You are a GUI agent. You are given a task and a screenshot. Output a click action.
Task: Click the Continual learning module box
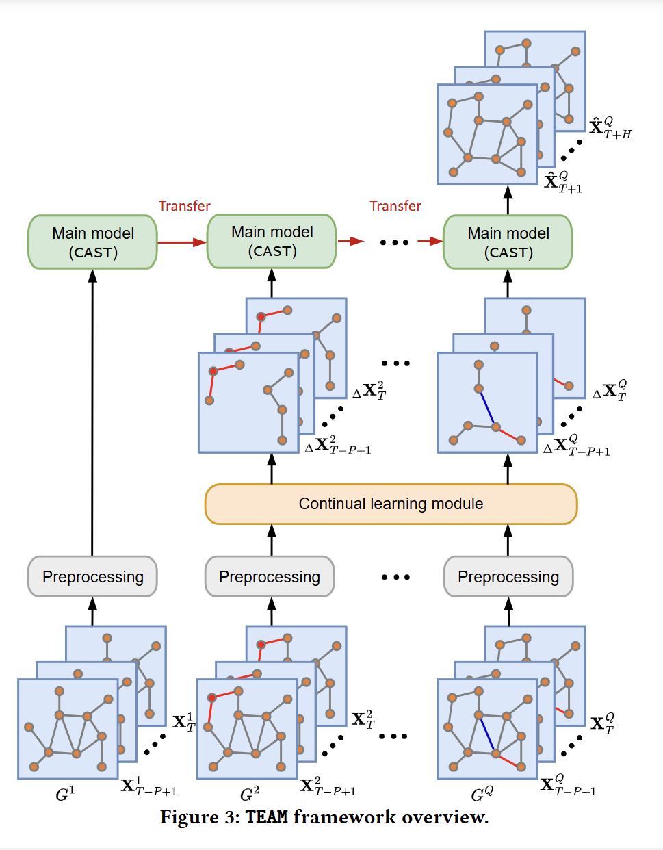click(391, 504)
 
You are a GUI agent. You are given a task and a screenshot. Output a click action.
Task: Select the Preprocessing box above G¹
click(92, 576)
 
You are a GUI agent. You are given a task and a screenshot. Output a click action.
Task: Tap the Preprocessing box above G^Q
click(508, 576)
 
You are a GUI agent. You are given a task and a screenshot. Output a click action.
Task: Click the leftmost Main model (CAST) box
click(92, 242)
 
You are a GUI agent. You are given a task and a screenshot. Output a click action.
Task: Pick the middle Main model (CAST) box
click(272, 241)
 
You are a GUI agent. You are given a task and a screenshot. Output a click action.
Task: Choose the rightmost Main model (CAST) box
click(508, 242)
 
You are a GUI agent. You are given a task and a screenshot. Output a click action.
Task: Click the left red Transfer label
click(185, 206)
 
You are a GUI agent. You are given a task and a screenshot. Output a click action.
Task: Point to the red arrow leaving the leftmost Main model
click(182, 242)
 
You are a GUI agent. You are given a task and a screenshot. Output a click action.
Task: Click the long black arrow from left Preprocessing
click(92, 413)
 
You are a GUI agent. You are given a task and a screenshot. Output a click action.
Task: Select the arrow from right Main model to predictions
click(508, 200)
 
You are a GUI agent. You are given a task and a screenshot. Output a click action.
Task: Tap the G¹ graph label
click(65, 794)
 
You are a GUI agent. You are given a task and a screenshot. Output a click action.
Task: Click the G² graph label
click(250, 794)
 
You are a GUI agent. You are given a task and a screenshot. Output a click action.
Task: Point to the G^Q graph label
click(482, 794)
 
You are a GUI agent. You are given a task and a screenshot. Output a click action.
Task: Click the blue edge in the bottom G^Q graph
click(487, 734)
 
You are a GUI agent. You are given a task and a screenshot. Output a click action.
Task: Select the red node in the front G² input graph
click(212, 697)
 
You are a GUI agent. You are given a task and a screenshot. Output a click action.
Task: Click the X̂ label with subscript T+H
click(610, 127)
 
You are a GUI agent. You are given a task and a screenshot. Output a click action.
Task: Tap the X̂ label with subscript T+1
click(562, 182)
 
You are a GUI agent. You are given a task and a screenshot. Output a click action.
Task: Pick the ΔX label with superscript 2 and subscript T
click(369, 390)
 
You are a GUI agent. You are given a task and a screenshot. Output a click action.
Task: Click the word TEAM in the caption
click(266, 817)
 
